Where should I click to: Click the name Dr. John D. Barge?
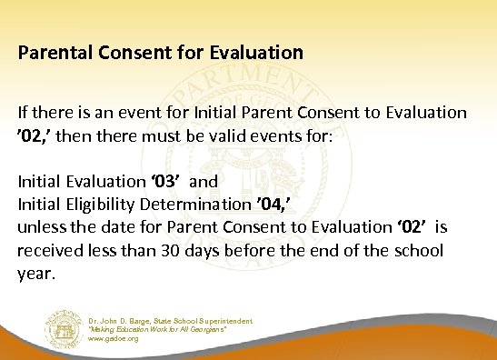pos(123,320)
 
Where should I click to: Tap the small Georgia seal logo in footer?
pos(63,327)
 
